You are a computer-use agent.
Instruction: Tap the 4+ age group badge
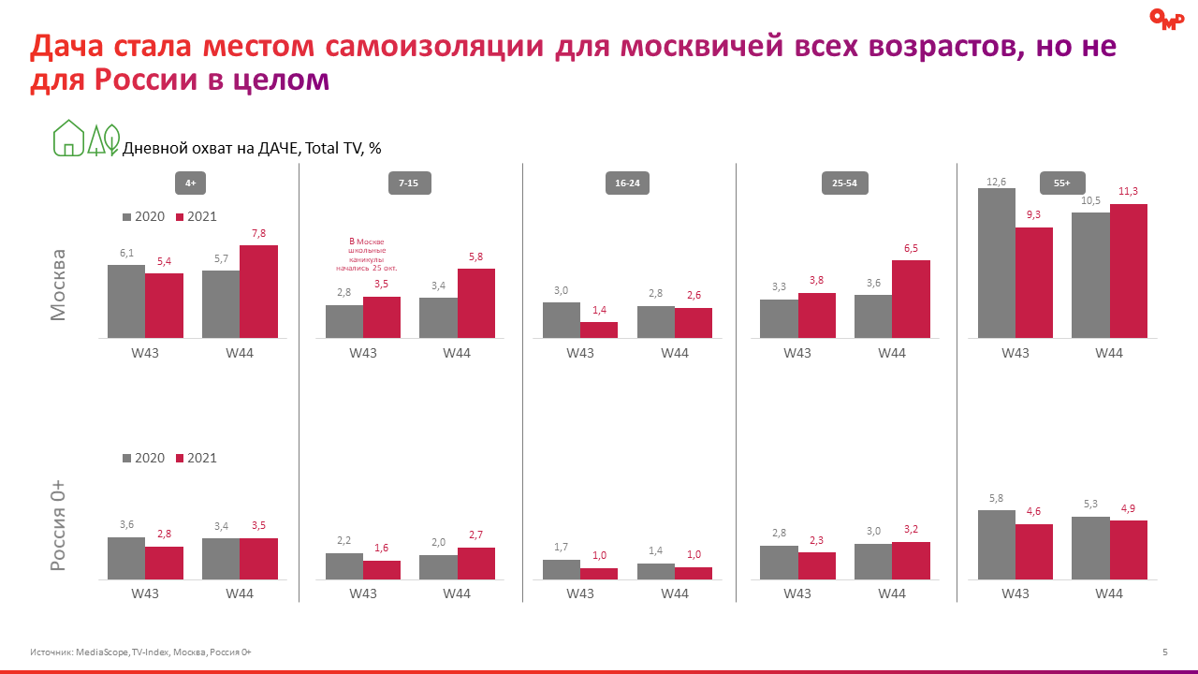click(x=190, y=183)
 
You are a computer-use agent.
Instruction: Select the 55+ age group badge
click(x=1061, y=183)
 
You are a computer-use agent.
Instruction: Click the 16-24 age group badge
click(x=627, y=183)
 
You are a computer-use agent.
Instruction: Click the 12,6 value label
click(x=996, y=181)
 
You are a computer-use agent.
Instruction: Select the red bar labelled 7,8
click(x=258, y=291)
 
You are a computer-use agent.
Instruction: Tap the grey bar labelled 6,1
click(x=126, y=300)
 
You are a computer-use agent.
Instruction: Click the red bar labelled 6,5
click(x=911, y=299)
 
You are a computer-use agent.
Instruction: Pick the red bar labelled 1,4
click(x=599, y=330)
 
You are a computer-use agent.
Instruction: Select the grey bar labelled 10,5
click(x=1090, y=274)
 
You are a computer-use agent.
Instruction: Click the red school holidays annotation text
click(x=367, y=255)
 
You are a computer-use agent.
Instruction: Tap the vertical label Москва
click(x=59, y=285)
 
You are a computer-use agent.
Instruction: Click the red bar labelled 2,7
click(x=475, y=564)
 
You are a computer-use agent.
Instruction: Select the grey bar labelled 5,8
click(x=996, y=545)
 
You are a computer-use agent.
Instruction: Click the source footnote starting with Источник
click(x=140, y=652)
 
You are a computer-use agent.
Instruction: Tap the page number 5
click(x=1164, y=652)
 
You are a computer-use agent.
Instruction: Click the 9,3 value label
click(x=1033, y=214)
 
